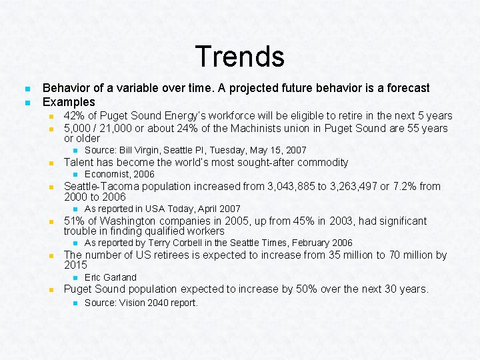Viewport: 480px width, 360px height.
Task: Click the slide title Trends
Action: tap(239, 56)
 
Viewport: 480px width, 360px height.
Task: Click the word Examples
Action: tap(69, 102)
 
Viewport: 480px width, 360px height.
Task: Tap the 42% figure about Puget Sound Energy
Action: tap(75, 116)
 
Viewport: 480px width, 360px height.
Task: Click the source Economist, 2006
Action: tap(119, 174)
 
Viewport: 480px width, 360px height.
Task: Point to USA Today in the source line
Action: tap(160, 209)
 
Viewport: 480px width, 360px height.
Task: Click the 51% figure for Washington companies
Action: tap(75, 221)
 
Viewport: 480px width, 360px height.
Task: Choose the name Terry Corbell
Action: tap(176, 243)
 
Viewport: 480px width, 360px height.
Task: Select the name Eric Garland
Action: tap(111, 277)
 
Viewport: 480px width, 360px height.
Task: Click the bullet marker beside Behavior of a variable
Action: tap(26, 89)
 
